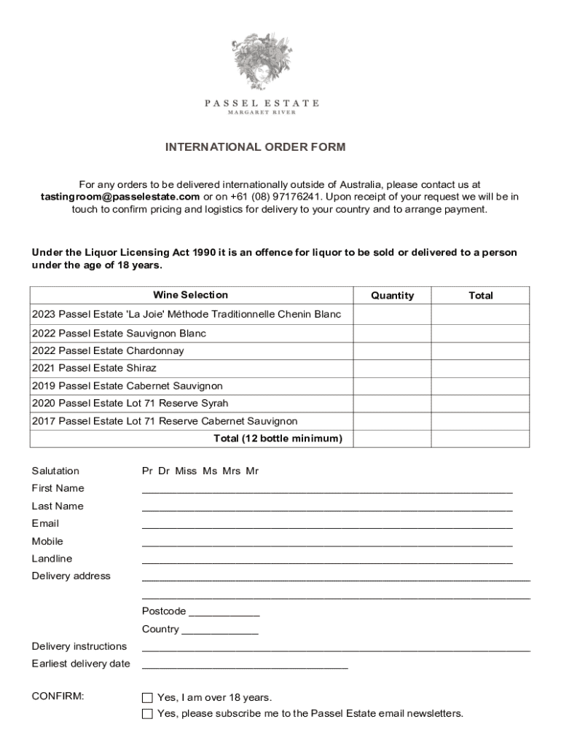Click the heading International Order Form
pyautogui.click(x=255, y=147)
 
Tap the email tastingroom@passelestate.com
pyautogui.click(x=120, y=197)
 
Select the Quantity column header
pyautogui.click(x=392, y=295)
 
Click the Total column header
pyautogui.click(x=481, y=295)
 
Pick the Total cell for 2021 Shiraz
pyautogui.click(x=481, y=369)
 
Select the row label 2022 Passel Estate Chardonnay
pyautogui.click(x=108, y=351)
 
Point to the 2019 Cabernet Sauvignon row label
pyautogui.click(x=127, y=386)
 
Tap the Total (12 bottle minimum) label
pyautogui.click(x=278, y=439)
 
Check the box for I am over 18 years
pyautogui.click(x=148, y=698)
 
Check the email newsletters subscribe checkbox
pyautogui.click(x=148, y=714)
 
